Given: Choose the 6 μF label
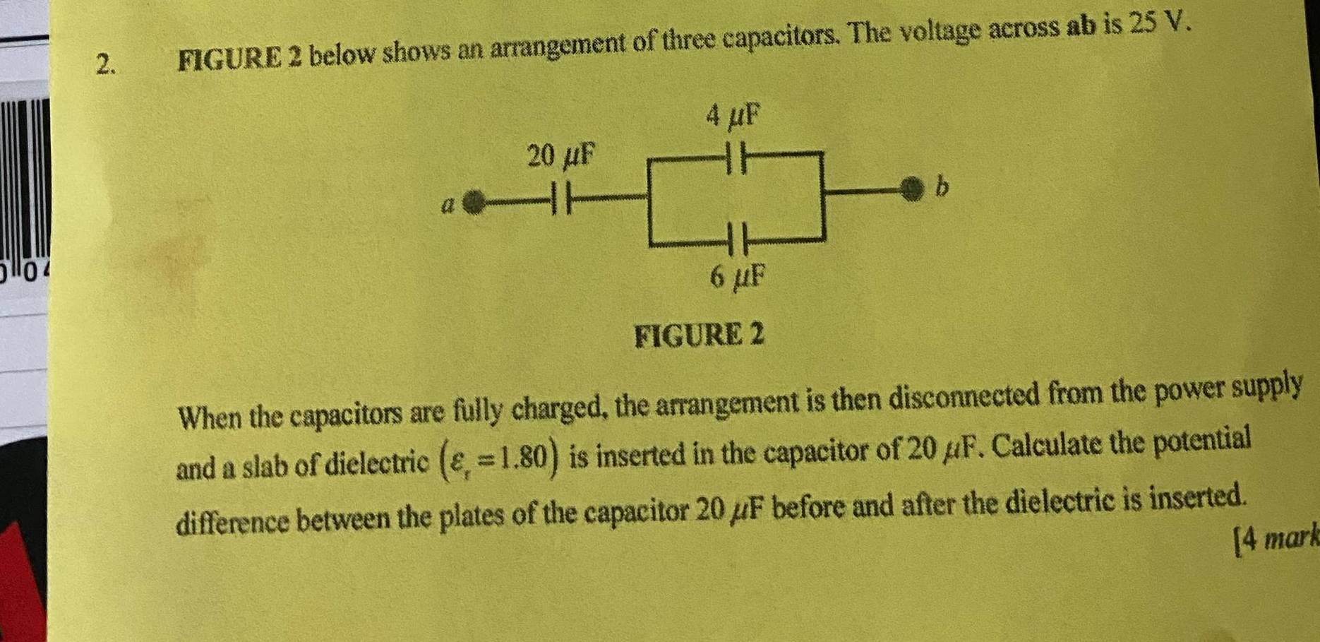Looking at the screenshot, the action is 738,277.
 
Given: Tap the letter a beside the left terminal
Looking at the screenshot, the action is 447,206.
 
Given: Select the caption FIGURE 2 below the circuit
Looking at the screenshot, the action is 699,335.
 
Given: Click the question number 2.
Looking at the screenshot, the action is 105,64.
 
